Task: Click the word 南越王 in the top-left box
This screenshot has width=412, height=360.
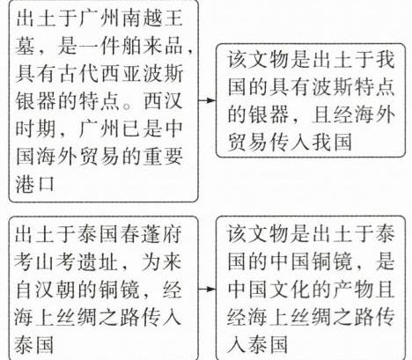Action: tap(151, 19)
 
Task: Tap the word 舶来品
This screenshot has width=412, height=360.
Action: tap(151, 47)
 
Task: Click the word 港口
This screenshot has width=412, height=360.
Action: tap(35, 184)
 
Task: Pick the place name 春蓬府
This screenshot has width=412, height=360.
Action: tap(151, 235)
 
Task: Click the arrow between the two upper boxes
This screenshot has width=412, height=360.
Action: tap(207, 100)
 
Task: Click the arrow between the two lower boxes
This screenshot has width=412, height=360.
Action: tap(207, 289)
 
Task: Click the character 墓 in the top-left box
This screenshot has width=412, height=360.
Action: tap(26, 47)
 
